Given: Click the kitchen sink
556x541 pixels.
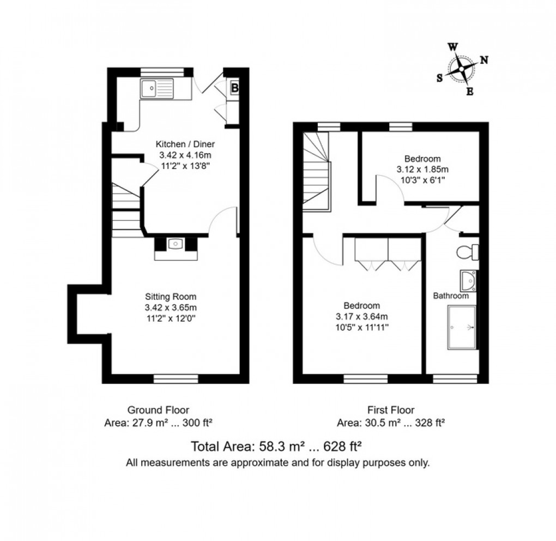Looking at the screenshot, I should pos(156,88).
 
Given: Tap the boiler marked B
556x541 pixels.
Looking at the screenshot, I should pos(234,87).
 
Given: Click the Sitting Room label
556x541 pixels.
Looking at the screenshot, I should pos(170,297).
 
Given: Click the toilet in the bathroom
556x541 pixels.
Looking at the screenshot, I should pos(468,252).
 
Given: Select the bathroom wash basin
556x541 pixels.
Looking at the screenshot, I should pos(468,281).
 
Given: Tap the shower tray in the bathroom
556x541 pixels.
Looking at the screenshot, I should pos(461,327).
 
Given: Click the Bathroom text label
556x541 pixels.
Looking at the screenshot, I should pos(451,296).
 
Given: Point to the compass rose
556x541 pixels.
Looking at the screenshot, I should pos(462,69).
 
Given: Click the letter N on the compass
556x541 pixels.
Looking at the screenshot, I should pos(484,61).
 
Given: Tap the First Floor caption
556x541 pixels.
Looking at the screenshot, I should pos(391,410).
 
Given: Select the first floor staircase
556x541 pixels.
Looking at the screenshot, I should pos(316,172).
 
